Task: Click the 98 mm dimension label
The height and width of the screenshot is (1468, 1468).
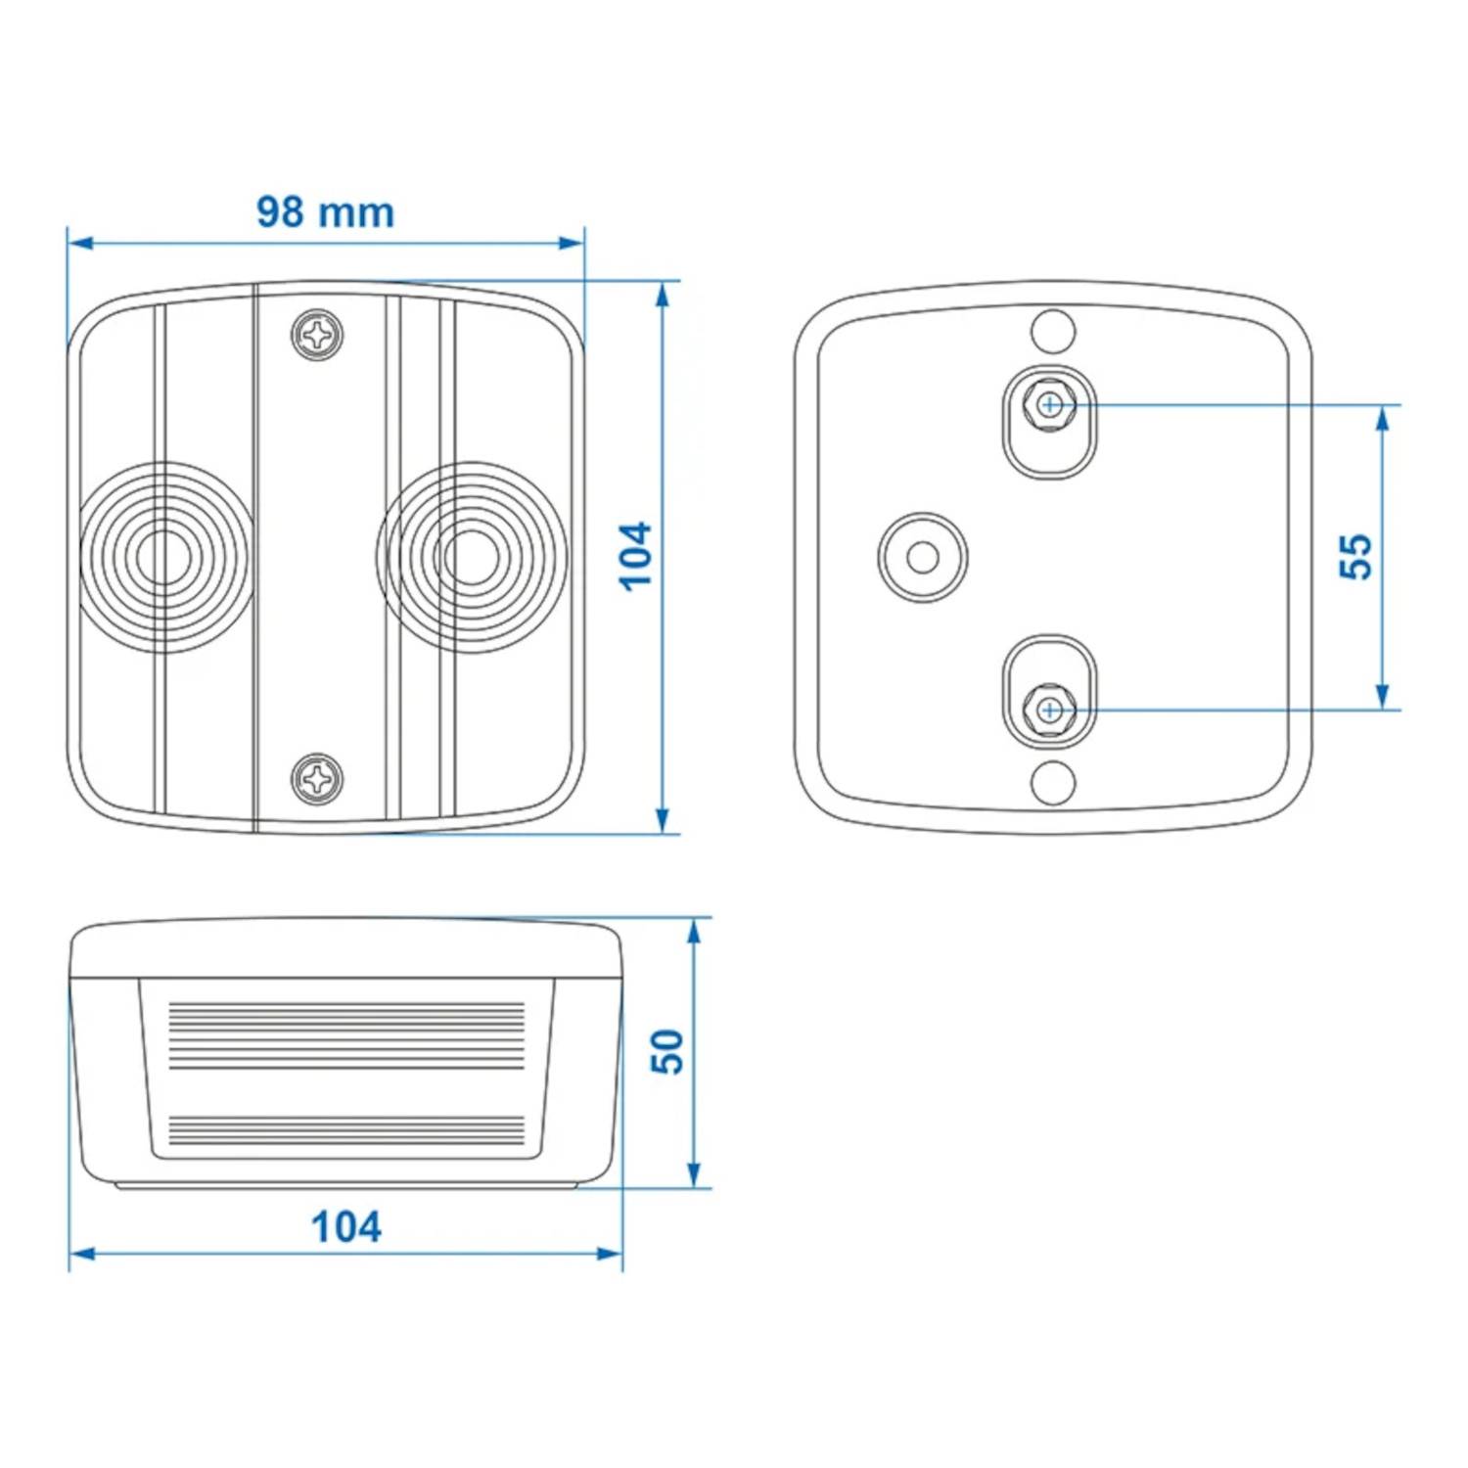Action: [x=325, y=211]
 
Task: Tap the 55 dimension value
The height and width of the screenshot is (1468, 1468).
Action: [x=1356, y=557]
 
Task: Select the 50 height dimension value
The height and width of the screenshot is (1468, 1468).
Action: [x=667, y=1052]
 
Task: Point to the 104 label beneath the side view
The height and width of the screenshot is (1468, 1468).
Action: [x=345, y=1226]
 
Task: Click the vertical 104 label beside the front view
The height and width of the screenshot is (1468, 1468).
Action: [x=636, y=556]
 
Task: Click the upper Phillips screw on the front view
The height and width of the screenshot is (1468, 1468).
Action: [x=318, y=336]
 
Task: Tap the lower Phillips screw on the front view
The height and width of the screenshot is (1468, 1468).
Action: [x=318, y=779]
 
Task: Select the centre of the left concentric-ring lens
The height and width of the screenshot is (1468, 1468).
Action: [x=162, y=557]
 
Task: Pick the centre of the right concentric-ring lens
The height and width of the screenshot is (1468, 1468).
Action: [x=472, y=557]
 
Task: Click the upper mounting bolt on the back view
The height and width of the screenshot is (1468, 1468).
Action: [x=1050, y=403]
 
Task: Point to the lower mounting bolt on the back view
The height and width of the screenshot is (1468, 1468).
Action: [x=1050, y=708]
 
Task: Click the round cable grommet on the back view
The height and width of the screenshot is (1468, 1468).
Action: [x=923, y=557]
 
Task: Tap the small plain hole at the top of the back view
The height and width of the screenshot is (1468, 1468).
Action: [x=1053, y=331]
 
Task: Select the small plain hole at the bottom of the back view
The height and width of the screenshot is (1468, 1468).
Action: [x=1053, y=781]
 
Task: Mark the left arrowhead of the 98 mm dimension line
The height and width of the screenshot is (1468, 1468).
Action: [x=81, y=242]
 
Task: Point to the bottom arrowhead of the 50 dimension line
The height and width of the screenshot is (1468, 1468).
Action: [x=694, y=1175]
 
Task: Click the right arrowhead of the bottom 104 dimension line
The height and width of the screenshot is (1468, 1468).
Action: [x=609, y=1253]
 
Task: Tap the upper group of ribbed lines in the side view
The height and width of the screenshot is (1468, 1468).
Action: [x=346, y=1034]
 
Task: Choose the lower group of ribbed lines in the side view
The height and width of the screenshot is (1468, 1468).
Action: [x=346, y=1131]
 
